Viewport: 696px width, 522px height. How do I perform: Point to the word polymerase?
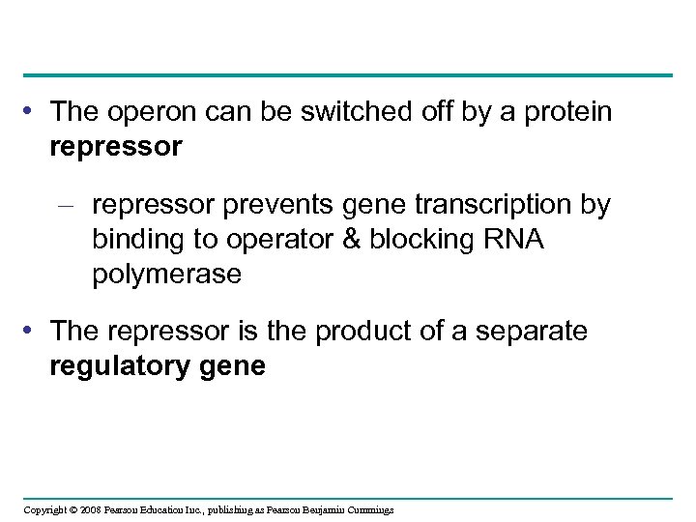point(166,275)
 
